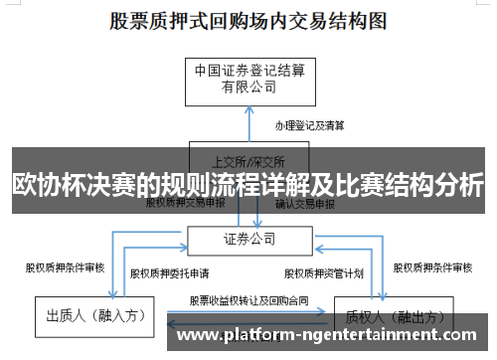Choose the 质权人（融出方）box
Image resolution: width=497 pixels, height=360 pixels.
pos(382,316)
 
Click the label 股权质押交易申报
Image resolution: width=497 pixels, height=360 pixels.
pos(185,203)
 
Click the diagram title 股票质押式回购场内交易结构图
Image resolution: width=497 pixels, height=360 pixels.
pos(248,19)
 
